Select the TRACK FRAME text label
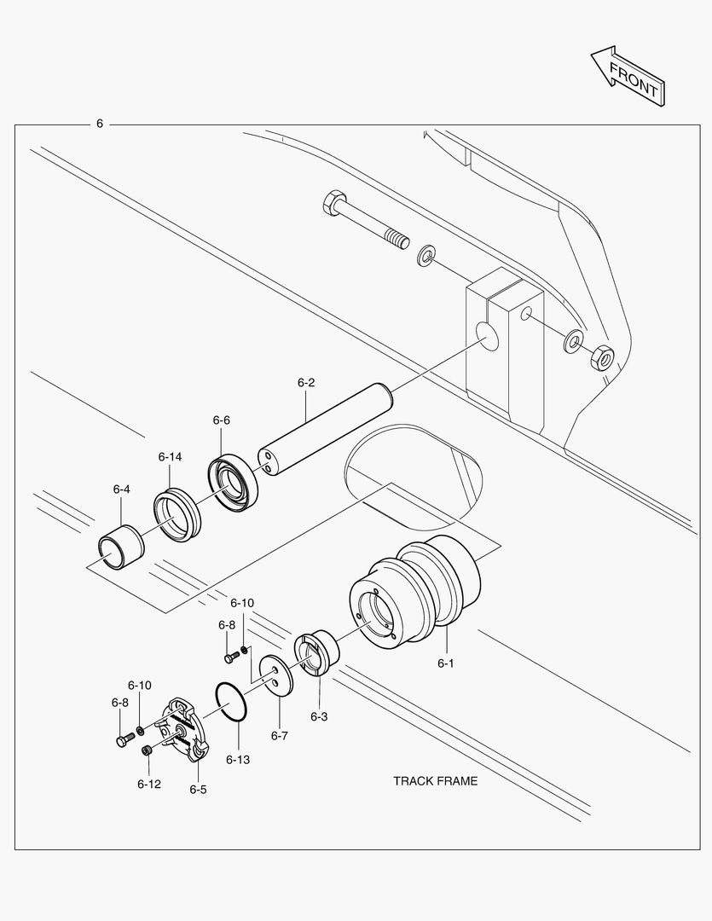435,780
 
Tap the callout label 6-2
306,383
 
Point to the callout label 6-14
170,457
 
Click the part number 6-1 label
446,663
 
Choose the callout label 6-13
238,759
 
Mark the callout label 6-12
148,783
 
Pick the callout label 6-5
198,790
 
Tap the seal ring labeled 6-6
234,484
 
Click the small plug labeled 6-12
147,750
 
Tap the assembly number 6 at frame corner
99,124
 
